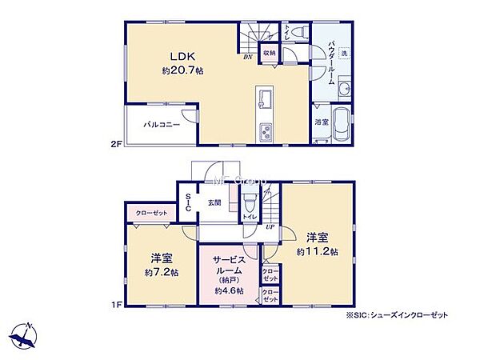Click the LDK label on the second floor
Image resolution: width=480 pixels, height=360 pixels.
coord(177,55)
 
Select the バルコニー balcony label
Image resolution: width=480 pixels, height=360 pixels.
coord(162,125)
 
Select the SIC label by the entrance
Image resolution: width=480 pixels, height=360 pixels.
coord(187,202)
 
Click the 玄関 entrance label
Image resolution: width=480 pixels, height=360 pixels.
coord(215,202)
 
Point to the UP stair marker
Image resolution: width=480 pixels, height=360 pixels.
coord(270,226)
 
